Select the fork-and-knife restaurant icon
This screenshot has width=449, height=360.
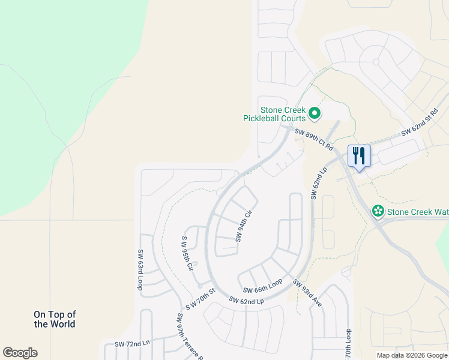pyautogui.click(x=359, y=156)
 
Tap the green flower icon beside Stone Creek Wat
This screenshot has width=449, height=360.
pyautogui.click(x=378, y=211)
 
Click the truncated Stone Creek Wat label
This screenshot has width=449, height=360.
pyautogui.click(x=417, y=212)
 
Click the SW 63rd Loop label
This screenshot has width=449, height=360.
pyautogui.click(x=140, y=270)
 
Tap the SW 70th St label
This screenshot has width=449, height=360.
pyautogui.click(x=200, y=299)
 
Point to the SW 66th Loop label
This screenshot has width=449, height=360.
pyautogui.click(x=262, y=286)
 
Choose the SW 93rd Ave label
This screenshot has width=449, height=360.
pyautogui.click(x=307, y=293)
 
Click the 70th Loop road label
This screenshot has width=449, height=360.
pyautogui.click(x=348, y=343)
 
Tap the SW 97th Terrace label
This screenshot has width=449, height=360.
pyautogui.click(x=190, y=338)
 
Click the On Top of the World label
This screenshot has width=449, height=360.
pyautogui.click(x=55, y=319)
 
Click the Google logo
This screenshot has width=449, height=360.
pyautogui.click(x=20, y=353)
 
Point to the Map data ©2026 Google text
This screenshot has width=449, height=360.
pyautogui.click(x=412, y=355)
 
